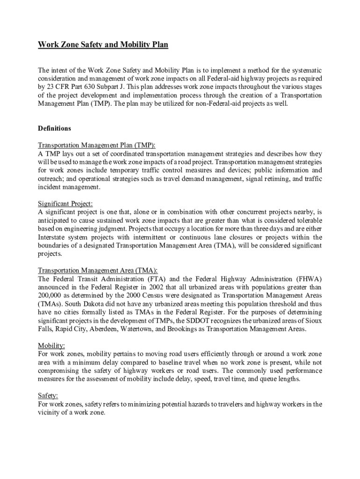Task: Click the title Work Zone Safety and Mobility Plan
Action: click(102, 45)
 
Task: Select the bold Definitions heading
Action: click(54, 128)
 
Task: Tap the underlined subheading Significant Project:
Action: click(65, 203)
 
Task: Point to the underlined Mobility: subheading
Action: click(51, 346)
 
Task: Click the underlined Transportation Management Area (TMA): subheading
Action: click(97, 270)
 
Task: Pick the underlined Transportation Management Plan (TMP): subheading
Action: click(96, 145)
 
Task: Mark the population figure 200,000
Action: click(50, 296)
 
